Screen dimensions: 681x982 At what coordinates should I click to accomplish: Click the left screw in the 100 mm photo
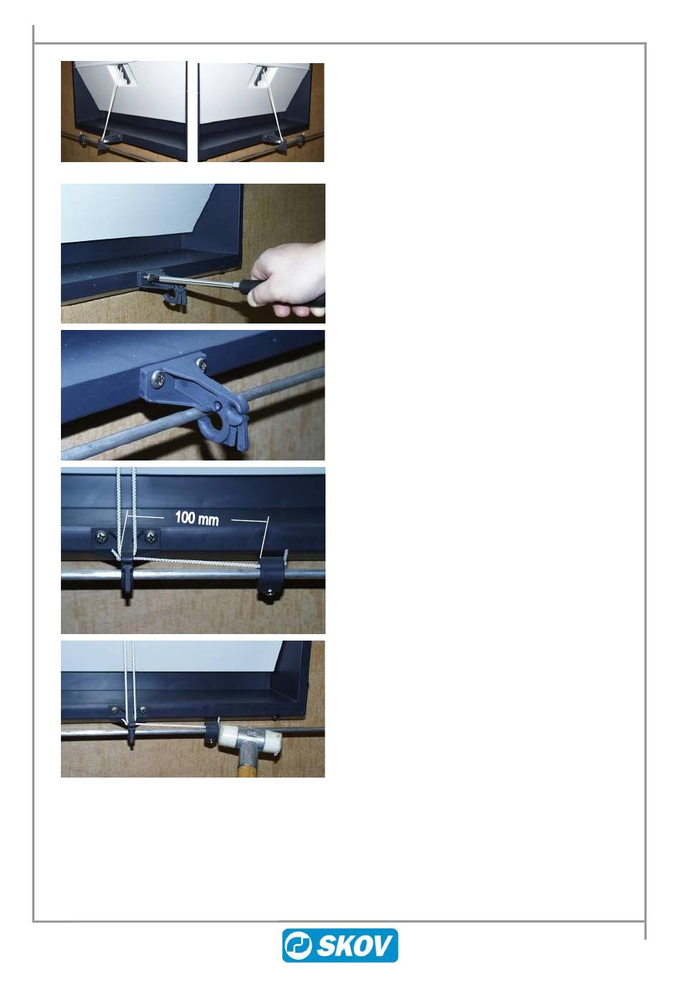[101, 535]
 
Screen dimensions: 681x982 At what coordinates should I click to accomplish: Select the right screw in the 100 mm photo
[151, 535]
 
